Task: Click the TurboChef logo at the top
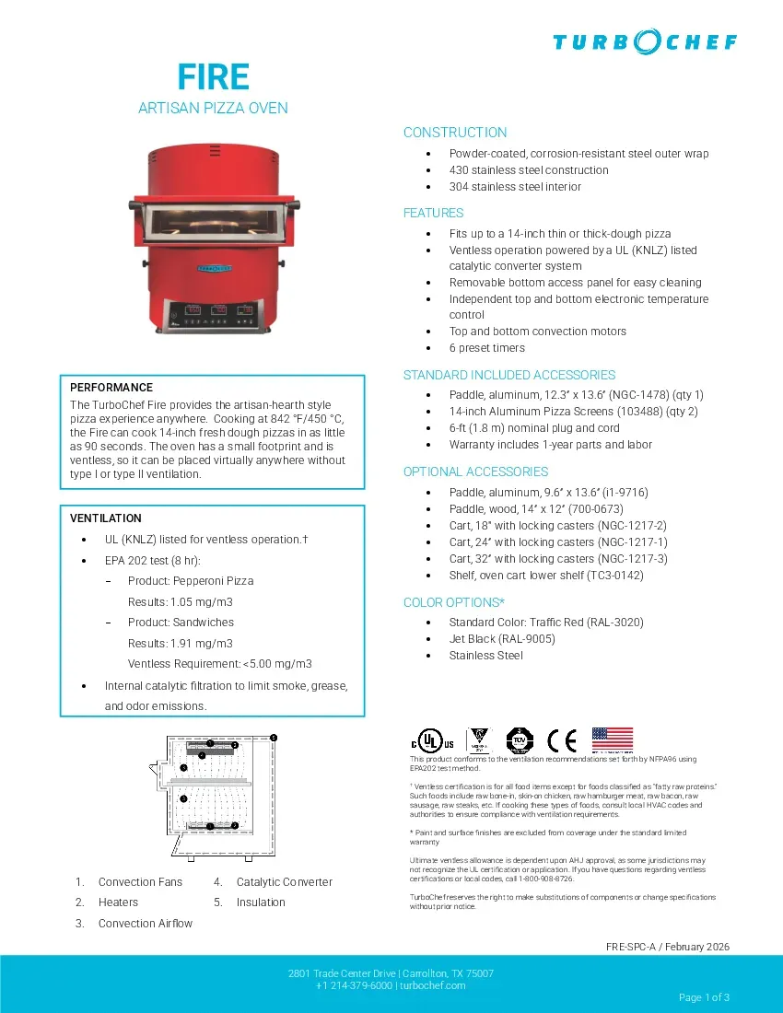(x=645, y=41)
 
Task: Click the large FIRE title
(x=213, y=76)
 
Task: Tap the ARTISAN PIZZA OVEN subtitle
(x=213, y=109)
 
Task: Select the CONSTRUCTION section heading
(x=455, y=133)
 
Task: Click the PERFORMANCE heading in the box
(x=111, y=388)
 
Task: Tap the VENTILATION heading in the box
(x=106, y=518)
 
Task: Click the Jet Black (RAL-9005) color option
(x=502, y=639)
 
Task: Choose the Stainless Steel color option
(x=485, y=656)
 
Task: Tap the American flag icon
(x=613, y=739)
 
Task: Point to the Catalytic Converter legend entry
(x=284, y=882)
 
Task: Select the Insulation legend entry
(x=261, y=902)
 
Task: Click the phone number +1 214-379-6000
(x=355, y=985)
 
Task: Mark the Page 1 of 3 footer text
(x=704, y=997)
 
